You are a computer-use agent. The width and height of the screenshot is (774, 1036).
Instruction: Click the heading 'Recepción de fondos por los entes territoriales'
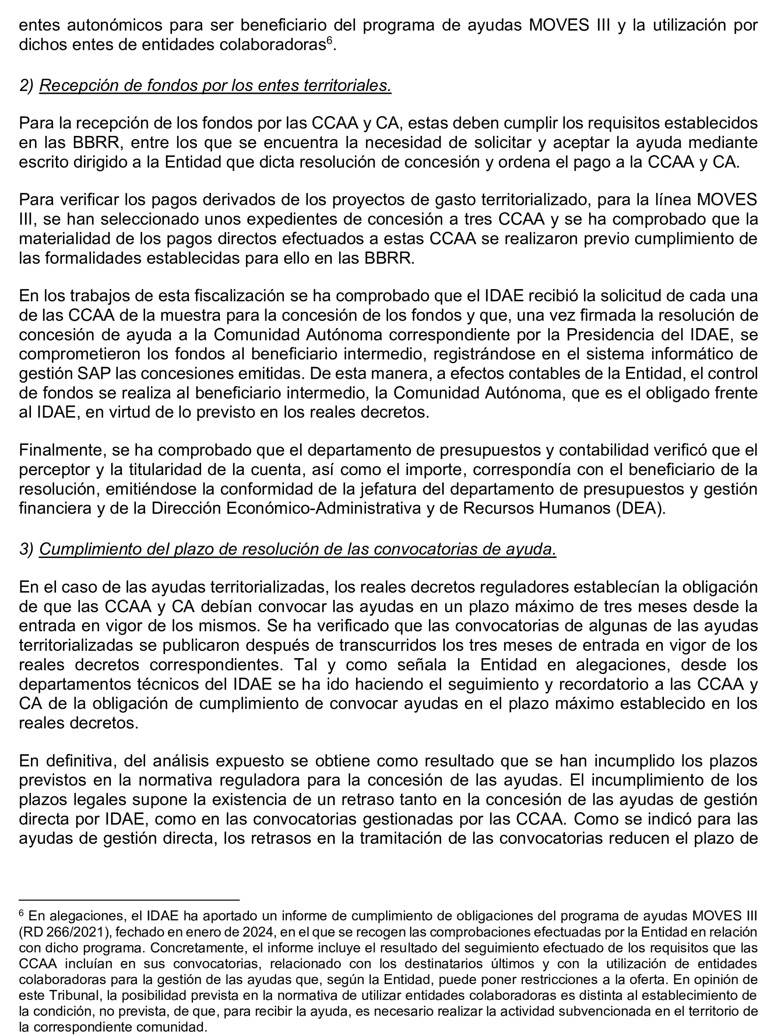[215, 86]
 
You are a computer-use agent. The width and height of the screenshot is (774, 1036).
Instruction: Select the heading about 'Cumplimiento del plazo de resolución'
[297, 549]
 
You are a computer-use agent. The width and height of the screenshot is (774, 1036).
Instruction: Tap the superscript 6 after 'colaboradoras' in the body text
[329, 41]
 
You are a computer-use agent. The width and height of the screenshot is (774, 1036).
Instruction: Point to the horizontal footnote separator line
[129, 900]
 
